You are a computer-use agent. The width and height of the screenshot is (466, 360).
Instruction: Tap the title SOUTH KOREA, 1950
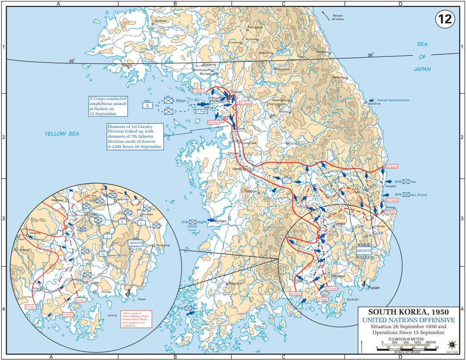coord(408,312)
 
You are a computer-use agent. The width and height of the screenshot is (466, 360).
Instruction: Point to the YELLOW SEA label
coord(62,134)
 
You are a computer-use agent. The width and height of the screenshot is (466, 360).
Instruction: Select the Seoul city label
coord(237,92)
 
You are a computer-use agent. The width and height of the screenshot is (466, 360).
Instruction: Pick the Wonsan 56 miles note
coord(337,17)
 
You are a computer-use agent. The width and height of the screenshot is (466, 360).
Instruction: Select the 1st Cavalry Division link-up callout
coord(135,136)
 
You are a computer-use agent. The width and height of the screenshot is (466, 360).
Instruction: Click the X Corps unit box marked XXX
coord(147,105)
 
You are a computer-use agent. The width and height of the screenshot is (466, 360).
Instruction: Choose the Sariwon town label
coord(161,20)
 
